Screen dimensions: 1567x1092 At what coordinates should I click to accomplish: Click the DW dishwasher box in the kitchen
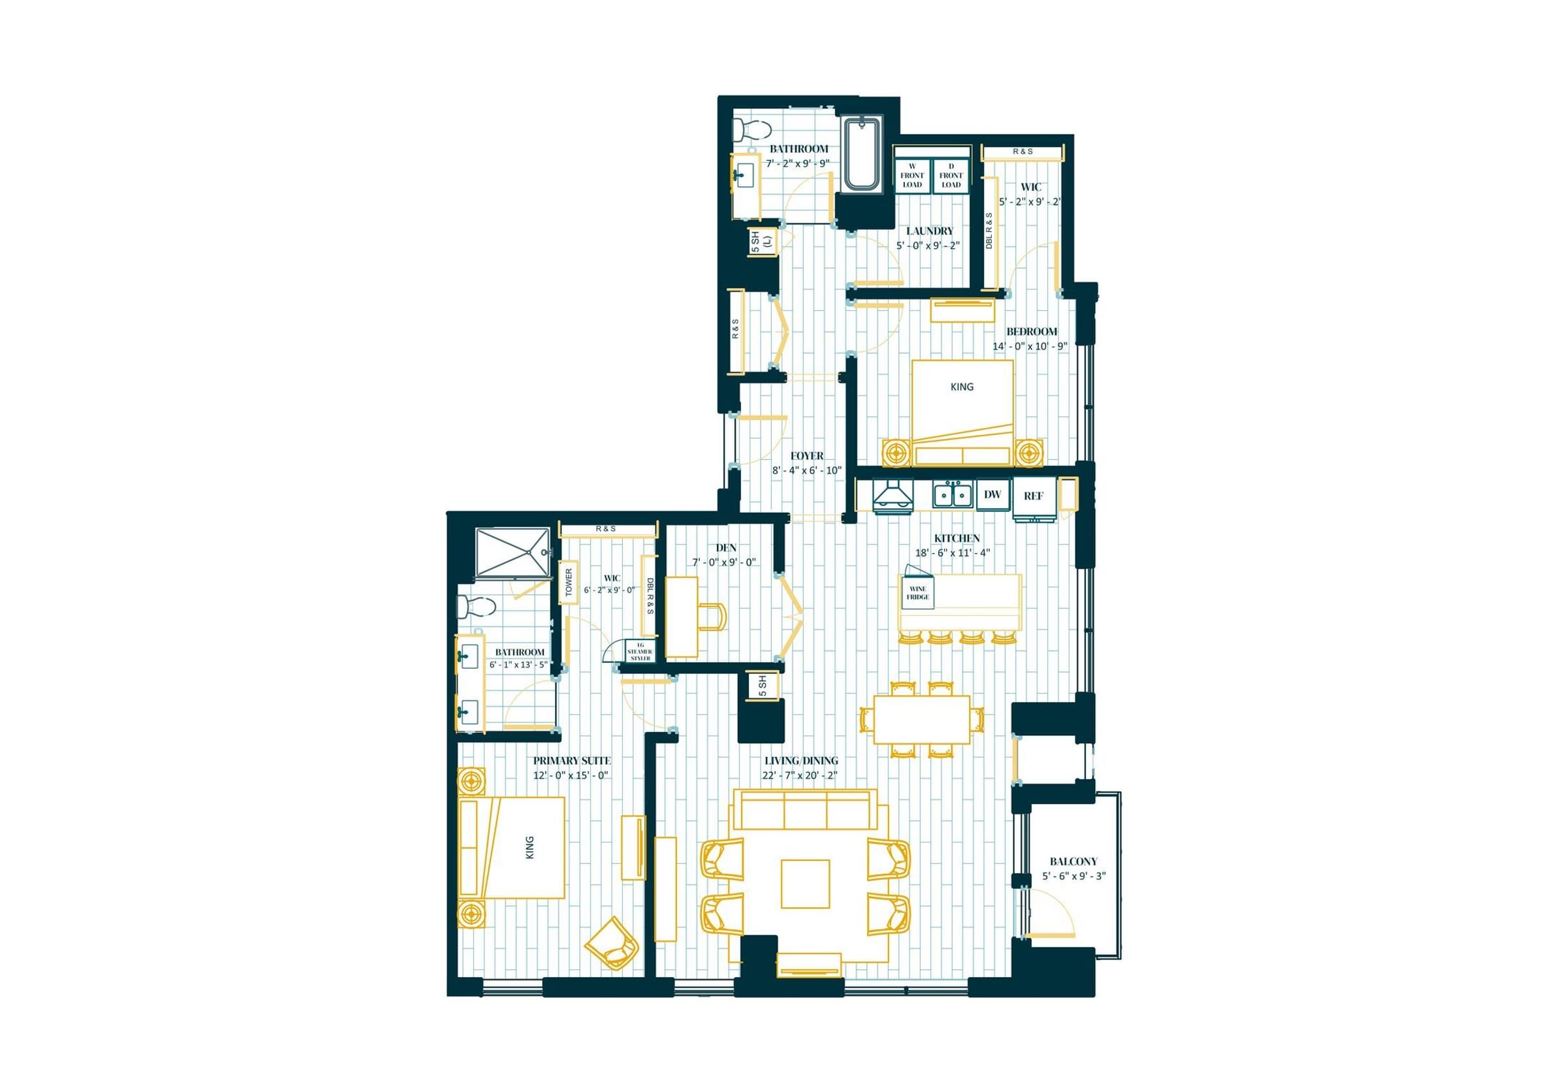(992, 494)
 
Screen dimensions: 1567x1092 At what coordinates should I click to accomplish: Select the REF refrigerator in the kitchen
(1034, 497)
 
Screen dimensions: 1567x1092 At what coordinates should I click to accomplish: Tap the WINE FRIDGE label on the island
(918, 592)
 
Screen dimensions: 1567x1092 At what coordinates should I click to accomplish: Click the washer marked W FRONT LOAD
(912, 176)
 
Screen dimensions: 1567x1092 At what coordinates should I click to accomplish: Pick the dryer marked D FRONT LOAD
(951, 176)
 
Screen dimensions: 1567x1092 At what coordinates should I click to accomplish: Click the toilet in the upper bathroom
(752, 130)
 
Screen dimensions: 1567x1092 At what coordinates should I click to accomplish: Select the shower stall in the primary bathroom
(513, 553)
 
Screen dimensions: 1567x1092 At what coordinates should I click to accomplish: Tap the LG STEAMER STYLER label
(640, 651)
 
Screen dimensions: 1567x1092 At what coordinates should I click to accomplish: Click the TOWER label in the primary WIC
(569, 582)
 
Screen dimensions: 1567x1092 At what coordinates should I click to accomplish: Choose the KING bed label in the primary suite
(530, 848)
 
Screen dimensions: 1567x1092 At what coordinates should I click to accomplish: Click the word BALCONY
(1073, 861)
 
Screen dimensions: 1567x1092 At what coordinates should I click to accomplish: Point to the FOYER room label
(807, 455)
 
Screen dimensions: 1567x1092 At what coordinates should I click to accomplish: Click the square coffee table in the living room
(805, 884)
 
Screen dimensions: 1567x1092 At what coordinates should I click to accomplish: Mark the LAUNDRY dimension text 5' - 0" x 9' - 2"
(928, 246)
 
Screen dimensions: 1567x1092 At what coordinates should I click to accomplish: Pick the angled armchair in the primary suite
(612, 942)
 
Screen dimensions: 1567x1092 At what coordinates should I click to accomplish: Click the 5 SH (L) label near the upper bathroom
(761, 242)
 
